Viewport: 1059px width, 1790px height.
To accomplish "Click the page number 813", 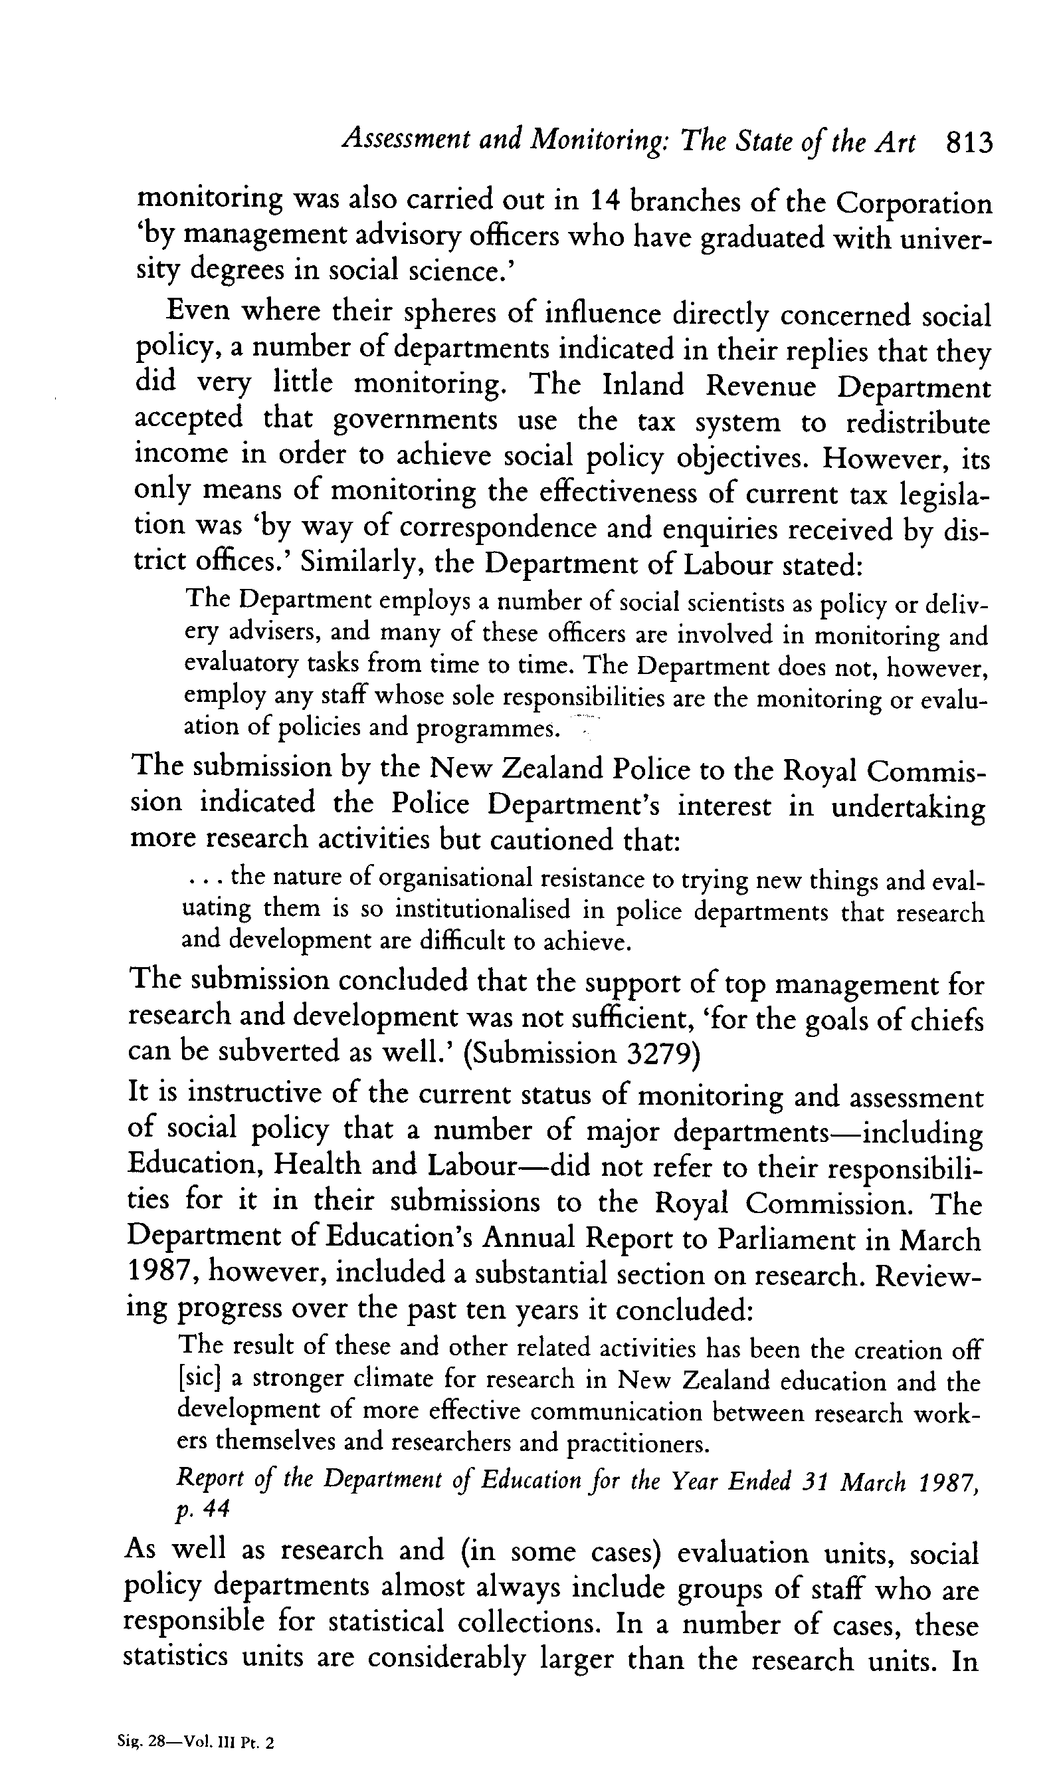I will [969, 144].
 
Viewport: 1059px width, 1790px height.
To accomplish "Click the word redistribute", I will [917, 424].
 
